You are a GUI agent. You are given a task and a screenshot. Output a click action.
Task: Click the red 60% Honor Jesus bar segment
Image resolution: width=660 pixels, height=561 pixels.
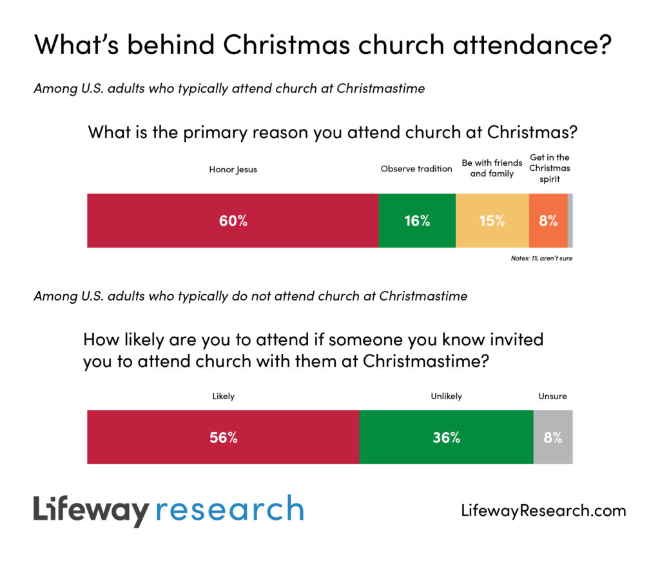click(233, 221)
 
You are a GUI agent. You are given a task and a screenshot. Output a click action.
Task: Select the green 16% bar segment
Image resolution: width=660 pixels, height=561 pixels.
click(417, 221)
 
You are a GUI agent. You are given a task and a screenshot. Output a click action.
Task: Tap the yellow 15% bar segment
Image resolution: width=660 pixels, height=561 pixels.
click(492, 221)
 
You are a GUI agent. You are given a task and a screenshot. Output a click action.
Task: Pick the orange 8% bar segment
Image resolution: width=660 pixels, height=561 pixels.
click(548, 221)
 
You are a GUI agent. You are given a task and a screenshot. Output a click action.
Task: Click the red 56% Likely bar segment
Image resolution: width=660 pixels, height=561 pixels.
click(223, 437)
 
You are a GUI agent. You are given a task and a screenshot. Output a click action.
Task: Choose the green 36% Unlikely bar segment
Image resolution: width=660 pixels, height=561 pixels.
click(446, 437)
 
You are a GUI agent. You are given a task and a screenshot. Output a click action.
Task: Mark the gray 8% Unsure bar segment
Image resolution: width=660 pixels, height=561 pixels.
click(553, 437)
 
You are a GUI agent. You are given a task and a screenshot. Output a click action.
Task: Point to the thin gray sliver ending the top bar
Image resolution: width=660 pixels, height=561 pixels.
click(570, 221)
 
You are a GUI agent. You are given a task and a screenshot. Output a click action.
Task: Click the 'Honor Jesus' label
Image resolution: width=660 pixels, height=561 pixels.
click(233, 170)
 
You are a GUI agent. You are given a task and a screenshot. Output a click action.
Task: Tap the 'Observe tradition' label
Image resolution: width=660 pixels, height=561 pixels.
click(416, 169)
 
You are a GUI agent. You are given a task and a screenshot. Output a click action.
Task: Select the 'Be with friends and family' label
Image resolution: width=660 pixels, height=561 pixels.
click(492, 168)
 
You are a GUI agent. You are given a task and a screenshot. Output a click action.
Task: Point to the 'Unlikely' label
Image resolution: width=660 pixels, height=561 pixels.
click(446, 397)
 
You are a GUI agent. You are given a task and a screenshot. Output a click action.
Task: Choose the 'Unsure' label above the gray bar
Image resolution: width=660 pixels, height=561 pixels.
click(552, 397)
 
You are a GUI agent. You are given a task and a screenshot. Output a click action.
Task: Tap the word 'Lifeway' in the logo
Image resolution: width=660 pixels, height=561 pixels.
click(91, 510)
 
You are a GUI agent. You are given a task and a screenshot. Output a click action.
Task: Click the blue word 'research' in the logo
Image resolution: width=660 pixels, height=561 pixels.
click(229, 510)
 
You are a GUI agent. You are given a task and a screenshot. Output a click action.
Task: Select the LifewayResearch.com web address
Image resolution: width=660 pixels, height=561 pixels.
click(543, 511)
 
